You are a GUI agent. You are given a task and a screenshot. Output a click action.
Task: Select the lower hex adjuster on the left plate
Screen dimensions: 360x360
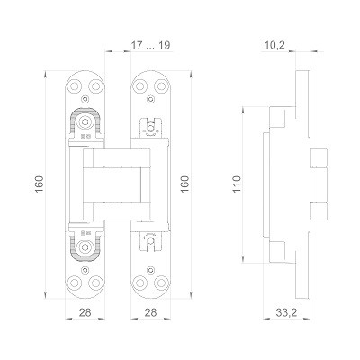[85, 244]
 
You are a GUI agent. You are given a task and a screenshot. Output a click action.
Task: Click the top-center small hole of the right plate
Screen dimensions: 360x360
[150, 79]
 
